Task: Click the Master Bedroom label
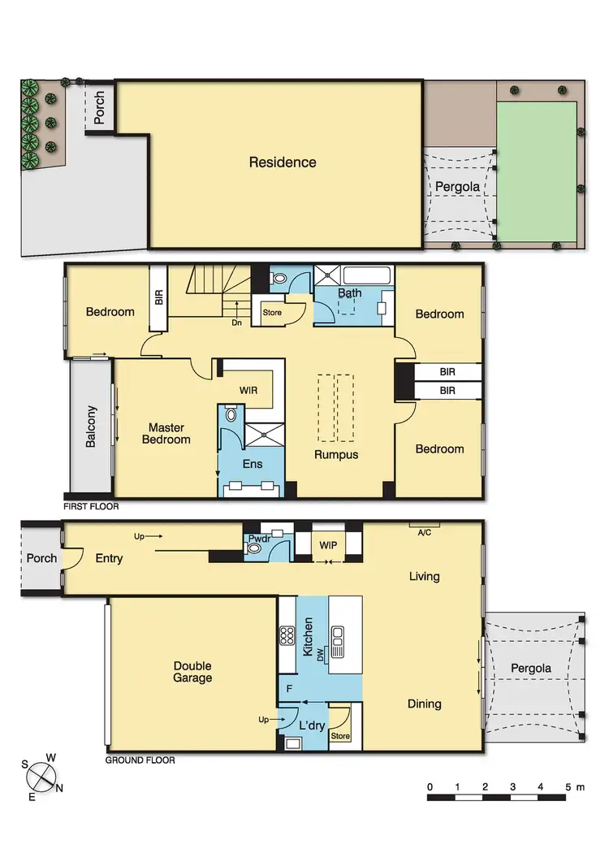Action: [x=169, y=434]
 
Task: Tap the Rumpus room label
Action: [x=336, y=455]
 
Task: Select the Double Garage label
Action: [x=192, y=672]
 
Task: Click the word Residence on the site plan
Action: [x=283, y=162]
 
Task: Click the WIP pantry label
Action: [x=330, y=544]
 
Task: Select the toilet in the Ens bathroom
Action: [x=231, y=414]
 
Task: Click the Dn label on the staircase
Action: [x=236, y=323]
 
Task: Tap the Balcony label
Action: [x=91, y=427]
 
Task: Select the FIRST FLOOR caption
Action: [x=91, y=506]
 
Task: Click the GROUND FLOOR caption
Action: [x=140, y=760]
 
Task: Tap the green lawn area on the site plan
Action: [x=536, y=171]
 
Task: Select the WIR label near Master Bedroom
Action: [x=248, y=391]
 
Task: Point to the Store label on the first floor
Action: [x=271, y=311]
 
